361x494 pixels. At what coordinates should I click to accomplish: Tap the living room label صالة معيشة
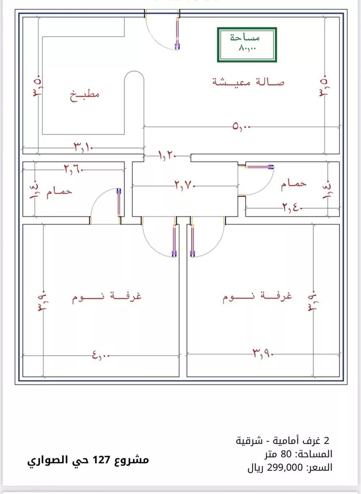coord(248,82)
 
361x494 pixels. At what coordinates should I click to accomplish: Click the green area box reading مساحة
coord(247,45)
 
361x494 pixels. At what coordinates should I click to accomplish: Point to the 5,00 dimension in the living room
coord(241,127)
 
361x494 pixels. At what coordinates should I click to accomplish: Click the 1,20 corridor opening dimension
coord(167,155)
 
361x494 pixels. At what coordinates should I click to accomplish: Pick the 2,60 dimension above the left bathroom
coord(74,169)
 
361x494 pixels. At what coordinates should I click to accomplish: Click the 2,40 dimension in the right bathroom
coord(293,208)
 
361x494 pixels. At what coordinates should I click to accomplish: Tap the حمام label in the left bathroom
coord(60,191)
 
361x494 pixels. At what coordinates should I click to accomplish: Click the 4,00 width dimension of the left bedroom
coord(101,355)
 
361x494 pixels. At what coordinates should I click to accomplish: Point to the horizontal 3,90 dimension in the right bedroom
coord(263,355)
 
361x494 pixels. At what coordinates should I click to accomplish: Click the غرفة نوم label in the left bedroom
coord(107,296)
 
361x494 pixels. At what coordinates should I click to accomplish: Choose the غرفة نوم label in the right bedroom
coord(258,296)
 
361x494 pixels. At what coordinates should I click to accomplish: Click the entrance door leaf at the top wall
coord(177,33)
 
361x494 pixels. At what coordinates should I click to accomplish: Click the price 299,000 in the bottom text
coord(285,468)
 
